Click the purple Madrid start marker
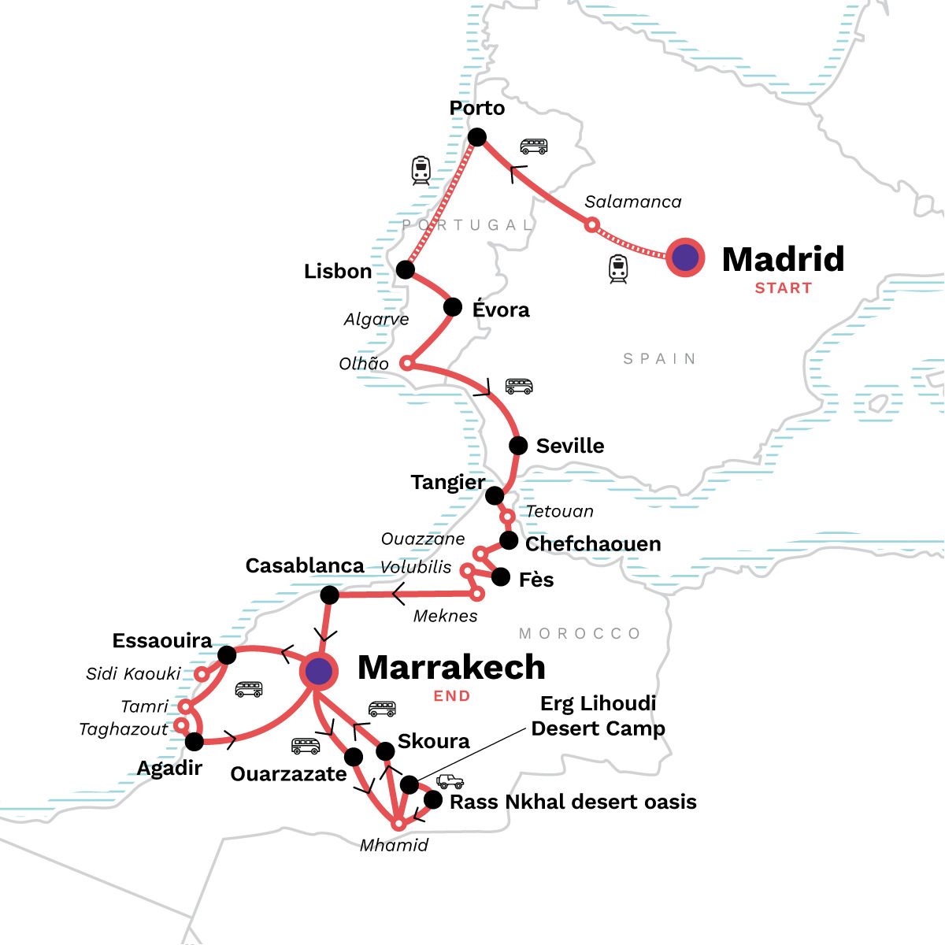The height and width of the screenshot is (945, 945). point(685,258)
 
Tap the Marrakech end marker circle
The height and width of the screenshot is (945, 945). point(318,672)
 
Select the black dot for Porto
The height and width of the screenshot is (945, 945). point(476,138)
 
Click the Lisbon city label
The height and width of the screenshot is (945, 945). point(337,272)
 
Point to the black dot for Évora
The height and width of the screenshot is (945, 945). point(453,307)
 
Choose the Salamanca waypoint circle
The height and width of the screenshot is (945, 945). point(591,225)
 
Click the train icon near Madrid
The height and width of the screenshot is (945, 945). point(618,269)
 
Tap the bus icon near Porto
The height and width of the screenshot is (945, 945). point(533,146)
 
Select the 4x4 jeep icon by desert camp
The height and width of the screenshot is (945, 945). point(450,781)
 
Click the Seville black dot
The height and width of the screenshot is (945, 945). point(518,446)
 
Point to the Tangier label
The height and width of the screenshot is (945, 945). point(447,482)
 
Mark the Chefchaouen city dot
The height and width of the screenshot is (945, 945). point(509,541)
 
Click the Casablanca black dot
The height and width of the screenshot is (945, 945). point(330,595)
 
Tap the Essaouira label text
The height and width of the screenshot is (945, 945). point(161,641)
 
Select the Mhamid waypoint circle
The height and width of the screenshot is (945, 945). point(399,824)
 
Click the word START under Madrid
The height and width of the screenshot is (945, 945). point(783,288)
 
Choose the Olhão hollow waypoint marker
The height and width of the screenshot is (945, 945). point(406,363)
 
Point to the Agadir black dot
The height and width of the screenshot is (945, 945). point(194,741)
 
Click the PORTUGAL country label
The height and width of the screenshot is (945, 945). point(468,225)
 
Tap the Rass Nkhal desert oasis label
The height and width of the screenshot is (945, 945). point(573,802)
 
